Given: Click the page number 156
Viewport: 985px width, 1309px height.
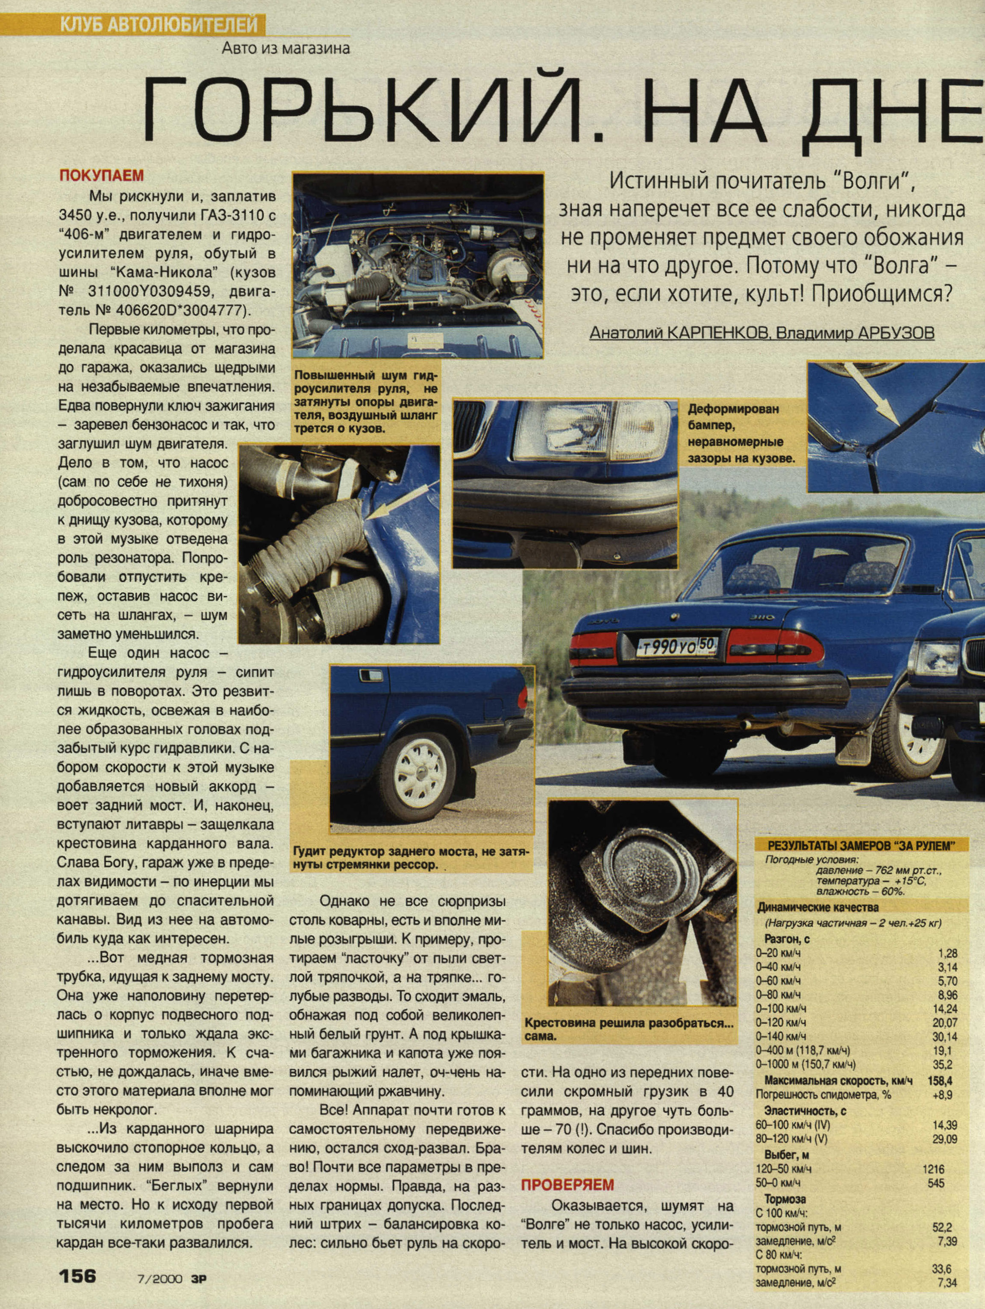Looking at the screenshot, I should [77, 1275].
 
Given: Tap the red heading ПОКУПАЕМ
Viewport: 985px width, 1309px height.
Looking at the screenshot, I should [101, 176].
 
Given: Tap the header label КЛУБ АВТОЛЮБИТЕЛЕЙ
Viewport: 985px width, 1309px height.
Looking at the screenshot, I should [159, 25].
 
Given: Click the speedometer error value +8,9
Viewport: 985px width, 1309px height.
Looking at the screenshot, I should [942, 1095].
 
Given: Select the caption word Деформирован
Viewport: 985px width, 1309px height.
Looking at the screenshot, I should [733, 409].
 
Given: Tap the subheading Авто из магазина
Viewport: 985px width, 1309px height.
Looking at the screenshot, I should [285, 48].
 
